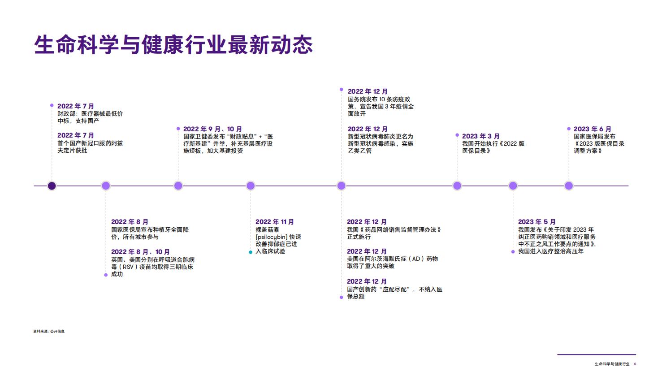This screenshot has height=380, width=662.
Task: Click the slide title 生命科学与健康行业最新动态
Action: coord(173,45)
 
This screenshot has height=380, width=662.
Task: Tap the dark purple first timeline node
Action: coord(52,186)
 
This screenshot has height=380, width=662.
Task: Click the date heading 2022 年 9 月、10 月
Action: coord(212,129)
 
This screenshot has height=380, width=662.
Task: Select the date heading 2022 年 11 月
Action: coord(275,222)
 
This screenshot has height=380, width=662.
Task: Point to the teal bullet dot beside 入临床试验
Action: coord(251,252)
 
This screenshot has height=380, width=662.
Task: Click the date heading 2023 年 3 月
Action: coord(480,136)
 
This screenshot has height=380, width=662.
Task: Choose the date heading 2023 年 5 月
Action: coord(537,222)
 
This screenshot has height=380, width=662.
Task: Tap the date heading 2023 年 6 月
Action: coord(592,129)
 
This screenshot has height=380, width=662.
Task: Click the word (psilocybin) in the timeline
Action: coord(272,237)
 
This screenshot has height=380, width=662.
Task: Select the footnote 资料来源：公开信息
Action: coord(49,331)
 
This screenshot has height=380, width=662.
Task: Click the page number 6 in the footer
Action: coord(635,364)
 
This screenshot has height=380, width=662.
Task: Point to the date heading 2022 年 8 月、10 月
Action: coord(140,252)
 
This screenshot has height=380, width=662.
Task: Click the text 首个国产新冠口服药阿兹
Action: coord(90,143)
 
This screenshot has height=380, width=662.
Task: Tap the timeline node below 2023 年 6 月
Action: coord(569,186)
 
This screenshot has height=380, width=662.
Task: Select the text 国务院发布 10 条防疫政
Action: coord(379,99)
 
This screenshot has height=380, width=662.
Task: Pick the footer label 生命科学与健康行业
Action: coord(612,364)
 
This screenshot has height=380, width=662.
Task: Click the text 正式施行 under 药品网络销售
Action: coord(359,237)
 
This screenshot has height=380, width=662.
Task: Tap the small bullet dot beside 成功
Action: coord(106,275)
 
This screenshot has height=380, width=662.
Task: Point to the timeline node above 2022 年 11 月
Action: coord(251,186)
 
